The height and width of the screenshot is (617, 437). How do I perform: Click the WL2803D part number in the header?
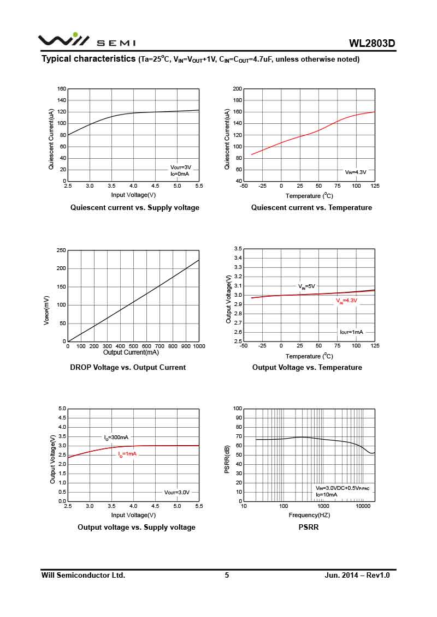tap(372, 44)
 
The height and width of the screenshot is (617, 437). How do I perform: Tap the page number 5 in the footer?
tap(227, 575)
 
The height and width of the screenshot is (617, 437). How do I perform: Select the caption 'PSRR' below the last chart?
tap(309, 527)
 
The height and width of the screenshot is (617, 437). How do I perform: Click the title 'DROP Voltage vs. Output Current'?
tap(128, 367)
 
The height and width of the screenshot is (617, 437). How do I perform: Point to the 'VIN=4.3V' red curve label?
tap(346, 301)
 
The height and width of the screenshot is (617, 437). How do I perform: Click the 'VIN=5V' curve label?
tap(306, 286)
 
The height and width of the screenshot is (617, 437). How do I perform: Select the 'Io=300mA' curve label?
tap(116, 438)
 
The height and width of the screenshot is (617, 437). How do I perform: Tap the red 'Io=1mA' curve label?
tap(128, 454)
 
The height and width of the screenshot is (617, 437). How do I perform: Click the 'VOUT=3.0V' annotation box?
tap(177, 492)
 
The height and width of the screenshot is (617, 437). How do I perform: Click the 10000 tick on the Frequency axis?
tap(363, 507)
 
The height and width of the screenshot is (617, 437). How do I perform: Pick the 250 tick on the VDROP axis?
tap(62, 250)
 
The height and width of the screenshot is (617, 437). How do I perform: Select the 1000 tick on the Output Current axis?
tap(199, 346)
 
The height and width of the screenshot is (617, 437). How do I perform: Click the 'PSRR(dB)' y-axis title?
tap(227, 460)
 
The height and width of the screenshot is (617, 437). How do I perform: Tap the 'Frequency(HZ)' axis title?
tap(309, 515)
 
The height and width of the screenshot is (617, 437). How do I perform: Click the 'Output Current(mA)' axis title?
tap(131, 352)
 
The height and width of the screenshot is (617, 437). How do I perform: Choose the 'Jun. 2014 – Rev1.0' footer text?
tap(357, 575)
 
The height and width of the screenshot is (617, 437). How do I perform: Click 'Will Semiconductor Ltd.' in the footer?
tap(84, 575)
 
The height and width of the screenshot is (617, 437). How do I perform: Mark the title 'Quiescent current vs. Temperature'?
tap(311, 207)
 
